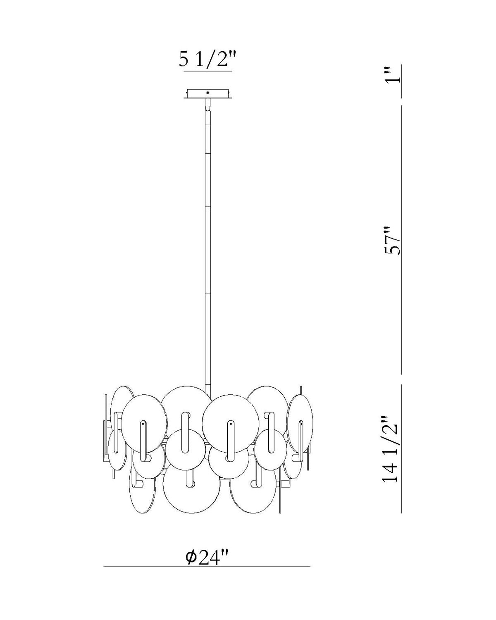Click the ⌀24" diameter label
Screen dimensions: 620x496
[207, 557]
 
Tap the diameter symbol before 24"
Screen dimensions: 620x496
[191, 557]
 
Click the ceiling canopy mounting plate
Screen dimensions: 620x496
[207, 94]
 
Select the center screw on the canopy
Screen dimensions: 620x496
[207, 93]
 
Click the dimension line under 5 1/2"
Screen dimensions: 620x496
[208, 72]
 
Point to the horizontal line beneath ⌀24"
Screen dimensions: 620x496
[207, 566]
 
